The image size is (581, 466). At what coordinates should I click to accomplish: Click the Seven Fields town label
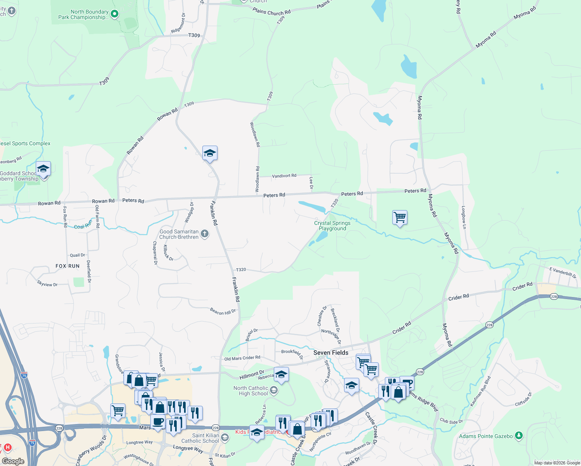tap(331, 353)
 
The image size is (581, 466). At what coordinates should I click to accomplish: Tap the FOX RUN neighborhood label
tap(68, 266)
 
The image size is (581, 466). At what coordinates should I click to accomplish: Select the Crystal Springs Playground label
tap(332, 226)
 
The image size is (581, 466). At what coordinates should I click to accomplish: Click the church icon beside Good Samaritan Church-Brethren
tap(205, 234)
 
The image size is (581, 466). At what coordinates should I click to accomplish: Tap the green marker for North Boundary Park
tap(115, 14)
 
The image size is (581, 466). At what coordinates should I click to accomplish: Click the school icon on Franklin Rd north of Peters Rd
tap(210, 153)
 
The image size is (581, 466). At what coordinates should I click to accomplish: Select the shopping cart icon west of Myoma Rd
tap(400, 217)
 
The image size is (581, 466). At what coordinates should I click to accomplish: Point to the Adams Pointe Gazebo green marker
tap(518, 436)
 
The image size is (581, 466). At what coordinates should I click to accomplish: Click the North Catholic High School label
tap(250, 391)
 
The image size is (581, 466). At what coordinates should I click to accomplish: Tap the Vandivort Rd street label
tap(284, 176)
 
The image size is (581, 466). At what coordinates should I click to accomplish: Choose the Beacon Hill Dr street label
tap(223, 311)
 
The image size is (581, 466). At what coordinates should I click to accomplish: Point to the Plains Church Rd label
tap(271, 12)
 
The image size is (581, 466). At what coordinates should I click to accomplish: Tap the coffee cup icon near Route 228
tap(158, 422)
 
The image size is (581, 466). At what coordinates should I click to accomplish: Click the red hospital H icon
tap(7, 447)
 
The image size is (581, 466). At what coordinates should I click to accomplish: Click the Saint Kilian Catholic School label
tap(200, 438)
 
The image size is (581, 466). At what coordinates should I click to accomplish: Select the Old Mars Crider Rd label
tap(242, 358)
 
